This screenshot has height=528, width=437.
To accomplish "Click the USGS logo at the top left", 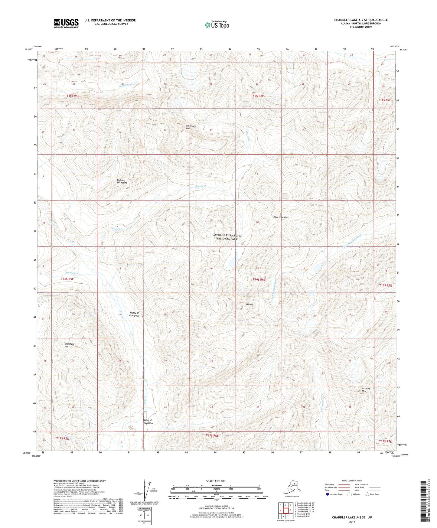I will (x=66, y=23).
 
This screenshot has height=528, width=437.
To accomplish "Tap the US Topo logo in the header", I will (x=217, y=25).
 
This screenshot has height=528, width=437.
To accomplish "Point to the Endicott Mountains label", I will (x=122, y=181).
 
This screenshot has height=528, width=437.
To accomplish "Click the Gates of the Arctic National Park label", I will (x=227, y=237).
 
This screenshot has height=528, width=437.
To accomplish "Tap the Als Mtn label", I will (x=249, y=304).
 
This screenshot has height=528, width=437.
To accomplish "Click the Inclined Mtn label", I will (x=366, y=390).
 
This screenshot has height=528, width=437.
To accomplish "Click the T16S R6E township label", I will (x=259, y=280).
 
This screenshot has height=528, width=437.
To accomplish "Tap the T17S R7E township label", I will (x=385, y=442).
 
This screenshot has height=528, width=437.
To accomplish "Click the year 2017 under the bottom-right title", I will (x=352, y=522).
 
